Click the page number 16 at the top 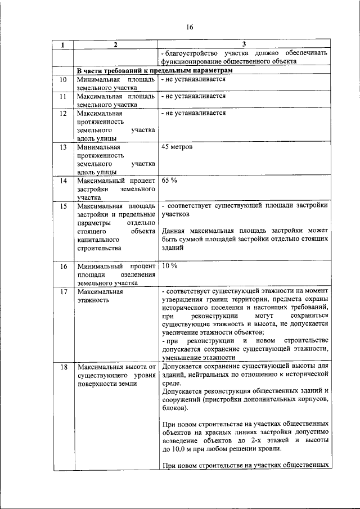189,27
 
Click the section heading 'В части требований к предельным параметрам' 155,70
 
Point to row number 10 64,79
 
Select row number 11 64,96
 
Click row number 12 64,113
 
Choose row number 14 64,181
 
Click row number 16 64,265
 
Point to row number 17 64,291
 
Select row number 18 64,367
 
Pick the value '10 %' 169,265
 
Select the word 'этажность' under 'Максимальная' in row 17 93,300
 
